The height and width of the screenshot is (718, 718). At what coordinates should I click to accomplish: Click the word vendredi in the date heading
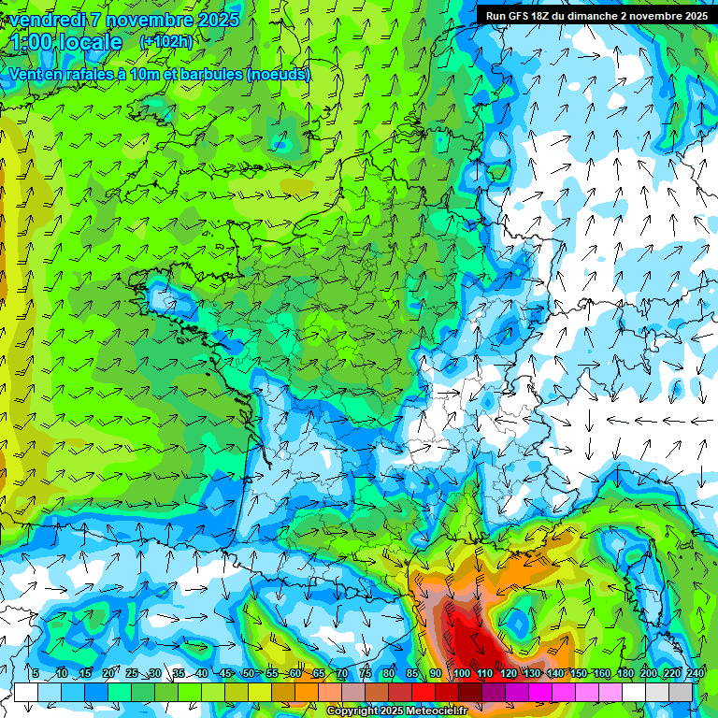(x=47, y=19)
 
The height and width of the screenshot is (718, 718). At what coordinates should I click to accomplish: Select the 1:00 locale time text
(x=67, y=43)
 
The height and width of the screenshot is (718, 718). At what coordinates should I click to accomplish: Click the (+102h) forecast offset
(x=165, y=42)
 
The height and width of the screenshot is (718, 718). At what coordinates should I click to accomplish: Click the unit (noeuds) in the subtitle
(x=278, y=74)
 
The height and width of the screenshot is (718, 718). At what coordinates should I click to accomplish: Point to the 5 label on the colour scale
(x=35, y=673)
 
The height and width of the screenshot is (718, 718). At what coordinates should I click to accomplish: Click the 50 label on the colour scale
(x=248, y=673)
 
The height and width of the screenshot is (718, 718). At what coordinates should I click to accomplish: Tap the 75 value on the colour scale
(x=366, y=673)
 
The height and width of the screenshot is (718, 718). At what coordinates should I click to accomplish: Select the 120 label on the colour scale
(x=508, y=673)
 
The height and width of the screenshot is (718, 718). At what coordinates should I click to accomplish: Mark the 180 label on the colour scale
(x=625, y=673)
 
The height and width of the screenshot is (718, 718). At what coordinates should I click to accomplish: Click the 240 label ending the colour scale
(x=695, y=673)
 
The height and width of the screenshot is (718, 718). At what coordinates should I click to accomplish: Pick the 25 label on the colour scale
(x=131, y=673)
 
